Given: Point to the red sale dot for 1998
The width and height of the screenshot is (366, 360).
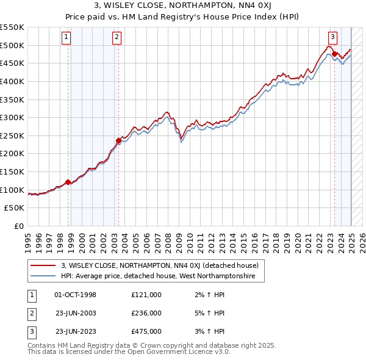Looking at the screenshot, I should [x=68, y=181].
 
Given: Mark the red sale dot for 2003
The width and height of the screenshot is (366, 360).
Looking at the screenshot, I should [x=118, y=140].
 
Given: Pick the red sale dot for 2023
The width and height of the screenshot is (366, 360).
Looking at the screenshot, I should [x=334, y=54].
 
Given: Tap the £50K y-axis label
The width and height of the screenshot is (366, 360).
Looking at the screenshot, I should [x=15, y=208].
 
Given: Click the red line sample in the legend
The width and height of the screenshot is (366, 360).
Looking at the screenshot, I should [x=43, y=265].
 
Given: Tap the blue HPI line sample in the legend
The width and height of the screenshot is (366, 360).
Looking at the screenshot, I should [x=43, y=276].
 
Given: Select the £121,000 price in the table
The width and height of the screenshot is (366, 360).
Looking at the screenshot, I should [x=146, y=295].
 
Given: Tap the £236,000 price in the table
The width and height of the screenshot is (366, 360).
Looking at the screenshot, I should [x=146, y=313].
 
